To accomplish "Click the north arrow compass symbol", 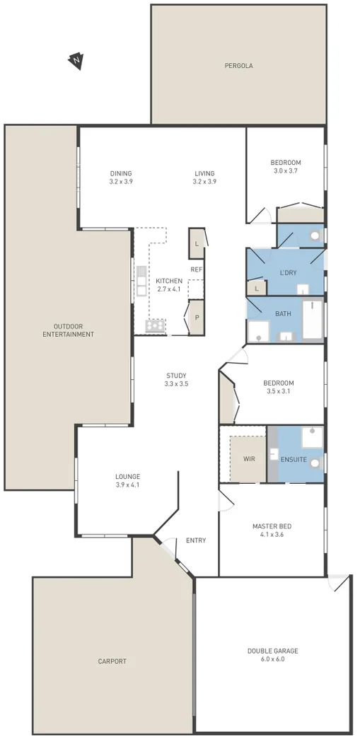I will (x=76, y=62).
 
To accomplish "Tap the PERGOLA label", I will (x=238, y=66).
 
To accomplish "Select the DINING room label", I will (x=121, y=173).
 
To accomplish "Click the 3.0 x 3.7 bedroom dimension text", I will (x=286, y=170).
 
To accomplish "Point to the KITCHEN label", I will (x=169, y=281).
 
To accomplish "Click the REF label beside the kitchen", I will (x=197, y=269).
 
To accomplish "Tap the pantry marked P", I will (x=197, y=318).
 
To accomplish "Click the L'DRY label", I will (x=288, y=273).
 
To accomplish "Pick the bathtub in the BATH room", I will (x=312, y=321).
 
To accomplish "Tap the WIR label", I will (x=249, y=459).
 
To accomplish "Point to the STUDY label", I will (x=177, y=375).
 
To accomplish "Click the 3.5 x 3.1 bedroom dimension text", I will (x=279, y=391).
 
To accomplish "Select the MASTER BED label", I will (x=272, y=526).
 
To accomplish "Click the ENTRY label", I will (x=196, y=540).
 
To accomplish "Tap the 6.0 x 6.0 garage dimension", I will (x=272, y=659).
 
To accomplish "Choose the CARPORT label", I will (x=112, y=661).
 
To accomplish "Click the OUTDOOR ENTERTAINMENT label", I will (x=68, y=330).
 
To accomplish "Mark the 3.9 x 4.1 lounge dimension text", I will (x=128, y=485).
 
